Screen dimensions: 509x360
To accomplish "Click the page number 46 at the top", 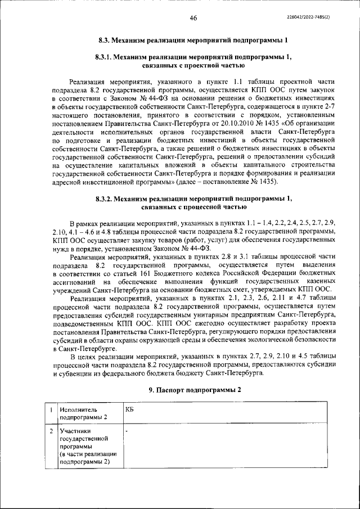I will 193,18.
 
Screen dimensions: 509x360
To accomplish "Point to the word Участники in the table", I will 75,431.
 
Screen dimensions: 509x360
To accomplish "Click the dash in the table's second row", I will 127,431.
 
